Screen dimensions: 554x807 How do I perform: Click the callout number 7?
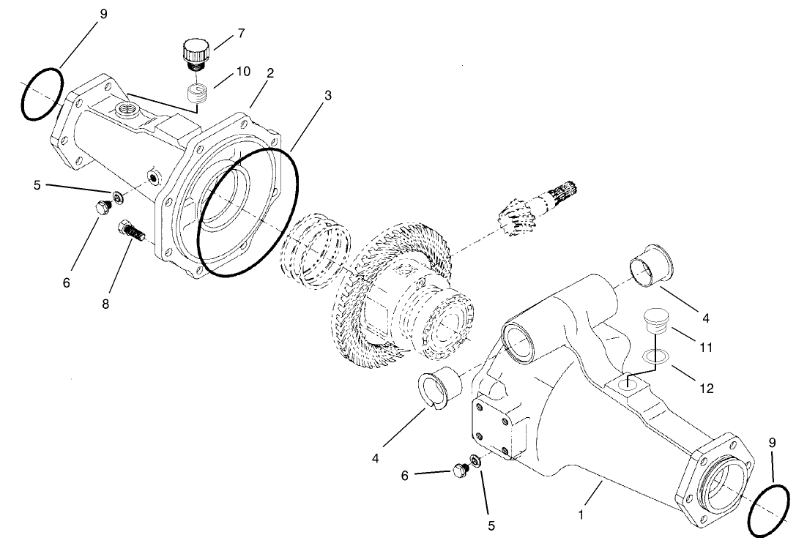[241, 33]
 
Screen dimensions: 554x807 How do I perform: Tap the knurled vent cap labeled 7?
[196, 53]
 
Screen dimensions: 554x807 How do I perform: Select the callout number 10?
[243, 71]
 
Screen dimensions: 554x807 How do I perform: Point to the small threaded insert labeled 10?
[194, 94]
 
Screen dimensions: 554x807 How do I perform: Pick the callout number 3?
[328, 96]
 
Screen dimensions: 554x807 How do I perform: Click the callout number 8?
[105, 303]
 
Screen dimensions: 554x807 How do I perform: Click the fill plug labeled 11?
[655, 321]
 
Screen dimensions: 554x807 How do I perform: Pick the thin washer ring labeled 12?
[655, 356]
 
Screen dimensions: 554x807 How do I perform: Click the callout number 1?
[581, 514]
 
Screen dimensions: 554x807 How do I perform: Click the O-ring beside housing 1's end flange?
[769, 510]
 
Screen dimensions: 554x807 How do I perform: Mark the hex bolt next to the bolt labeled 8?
[103, 208]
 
